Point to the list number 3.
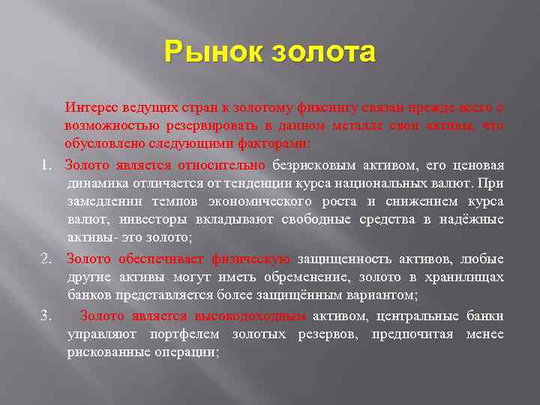coord(46,316)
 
